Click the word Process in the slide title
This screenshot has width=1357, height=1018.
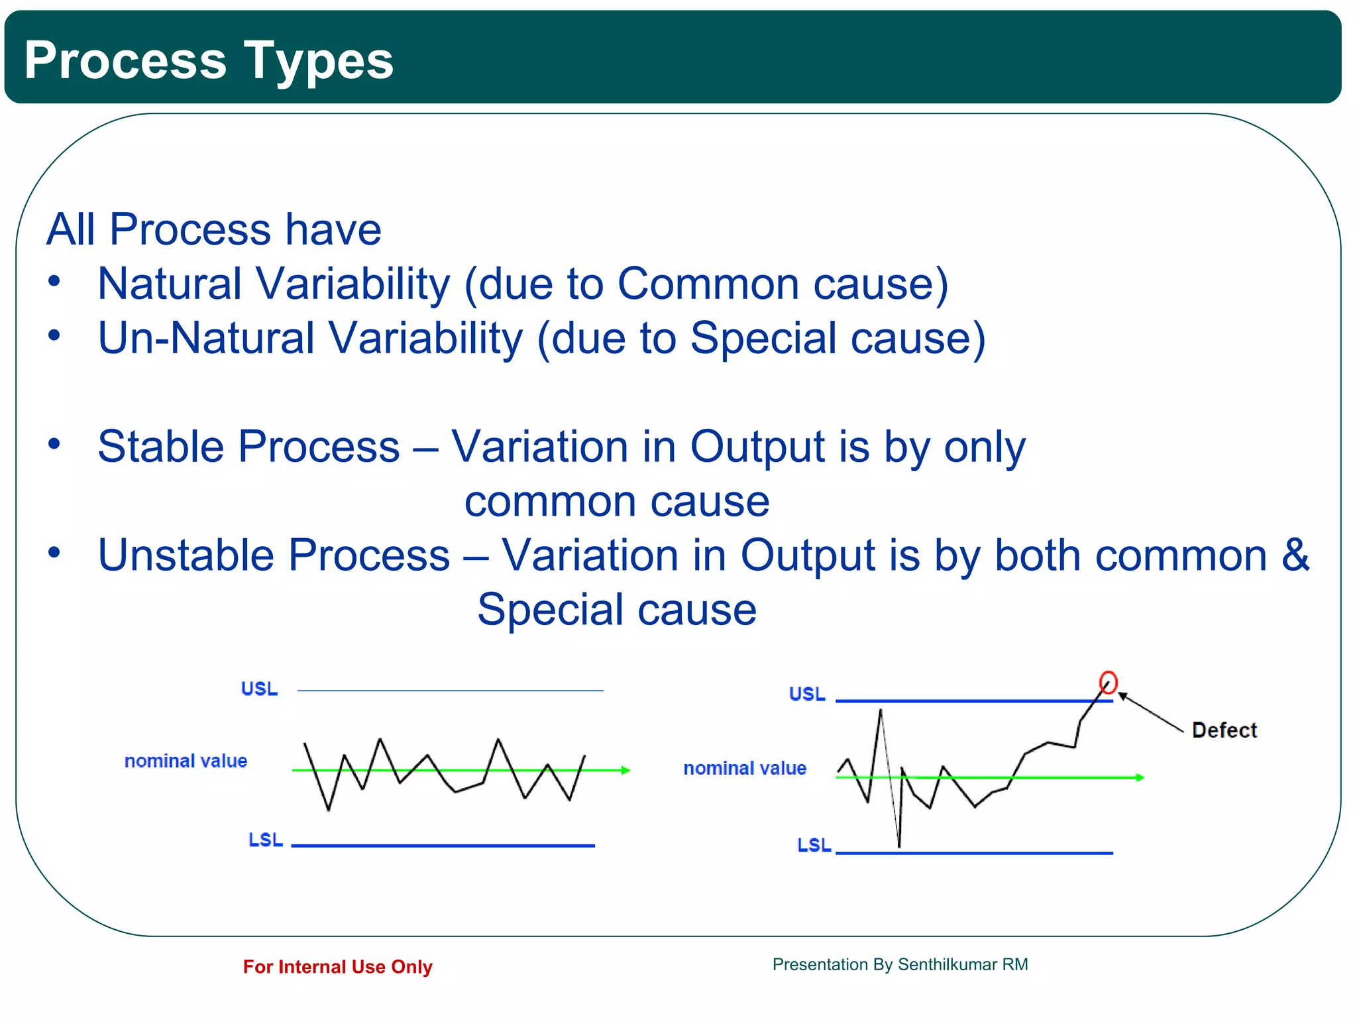(x=125, y=61)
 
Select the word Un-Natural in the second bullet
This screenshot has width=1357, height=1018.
(x=205, y=338)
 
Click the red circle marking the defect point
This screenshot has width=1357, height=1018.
(x=1108, y=682)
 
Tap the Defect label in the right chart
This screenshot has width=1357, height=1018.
(x=1224, y=730)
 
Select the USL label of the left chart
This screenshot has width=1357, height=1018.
(x=259, y=689)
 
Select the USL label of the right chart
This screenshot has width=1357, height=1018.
(x=807, y=695)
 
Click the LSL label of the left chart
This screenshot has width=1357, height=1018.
(x=265, y=840)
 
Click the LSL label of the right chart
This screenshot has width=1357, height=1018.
(x=814, y=845)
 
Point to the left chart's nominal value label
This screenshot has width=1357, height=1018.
(x=186, y=761)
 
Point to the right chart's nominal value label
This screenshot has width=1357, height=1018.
(x=745, y=768)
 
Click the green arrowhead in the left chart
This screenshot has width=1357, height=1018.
(x=625, y=770)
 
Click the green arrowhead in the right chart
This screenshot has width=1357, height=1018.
(x=1140, y=777)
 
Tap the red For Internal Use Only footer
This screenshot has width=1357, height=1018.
(x=337, y=967)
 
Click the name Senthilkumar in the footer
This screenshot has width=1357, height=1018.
(x=947, y=964)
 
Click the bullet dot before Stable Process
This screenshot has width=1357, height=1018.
(x=54, y=444)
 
